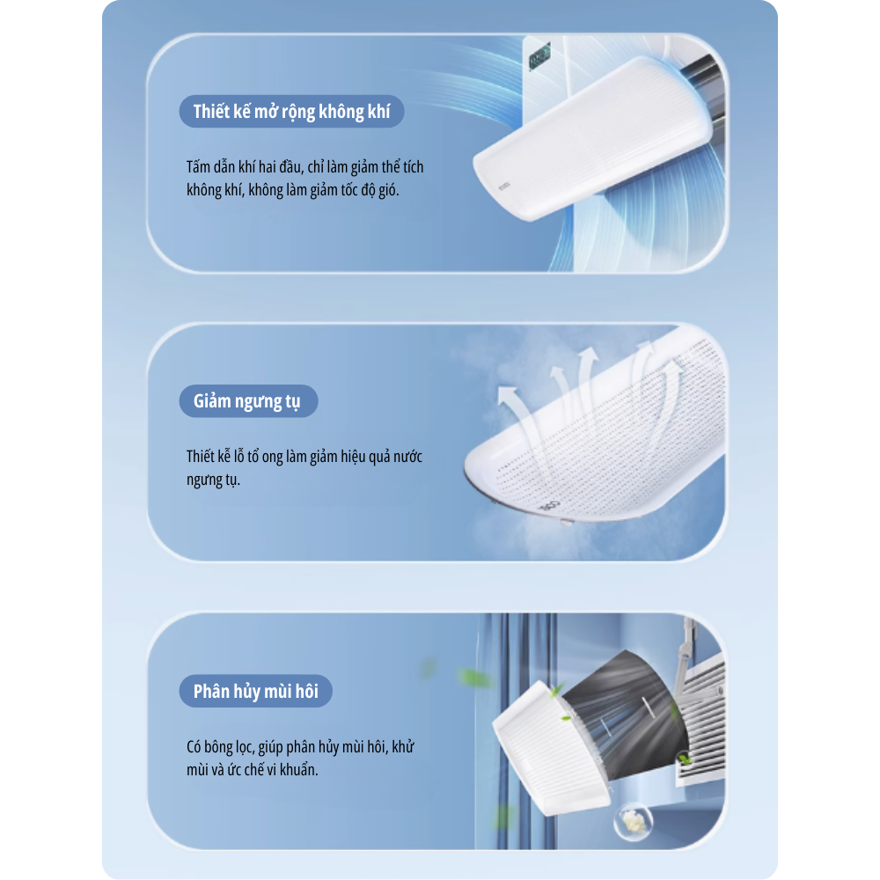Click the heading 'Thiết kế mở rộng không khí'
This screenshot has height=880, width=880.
[291, 112]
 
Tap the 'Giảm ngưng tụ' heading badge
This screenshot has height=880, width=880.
[248, 401]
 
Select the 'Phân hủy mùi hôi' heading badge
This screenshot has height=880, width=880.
[256, 691]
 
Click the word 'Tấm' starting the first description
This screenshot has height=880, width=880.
[199, 167]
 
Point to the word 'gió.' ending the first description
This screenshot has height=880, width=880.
[388, 190]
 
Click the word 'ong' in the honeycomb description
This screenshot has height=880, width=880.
[272, 458]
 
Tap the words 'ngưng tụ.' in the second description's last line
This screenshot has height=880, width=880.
[213, 480]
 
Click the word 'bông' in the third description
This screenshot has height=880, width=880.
[218, 747]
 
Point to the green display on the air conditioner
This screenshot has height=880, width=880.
[539, 57]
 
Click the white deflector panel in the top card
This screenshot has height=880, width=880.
[592, 137]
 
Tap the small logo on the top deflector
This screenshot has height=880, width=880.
[504, 186]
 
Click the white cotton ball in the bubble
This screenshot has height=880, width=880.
[634, 820]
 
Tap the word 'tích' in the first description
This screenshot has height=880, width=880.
[413, 167]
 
